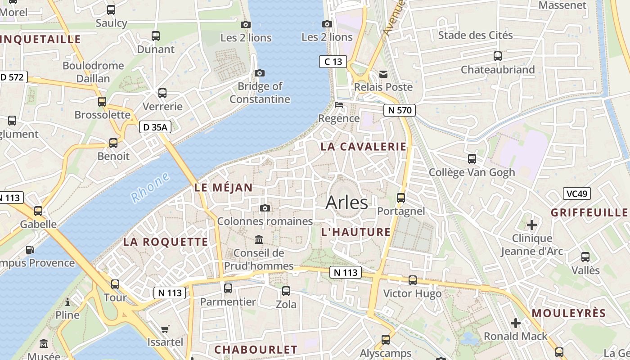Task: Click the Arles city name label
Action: pos(346,202)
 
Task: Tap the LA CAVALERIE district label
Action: pos(363,147)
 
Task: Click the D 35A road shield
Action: pos(155,127)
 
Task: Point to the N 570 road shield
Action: pos(400,110)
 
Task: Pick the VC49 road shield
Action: pos(576,194)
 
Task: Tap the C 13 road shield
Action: pos(333,62)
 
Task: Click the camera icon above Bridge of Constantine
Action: pos(260,73)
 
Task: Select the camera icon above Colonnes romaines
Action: pos(265,208)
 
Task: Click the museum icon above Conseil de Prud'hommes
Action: pos(259,239)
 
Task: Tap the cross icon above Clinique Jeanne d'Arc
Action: pos(532,225)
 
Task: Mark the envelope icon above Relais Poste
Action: pos(383,74)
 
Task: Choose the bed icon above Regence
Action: pos(339,105)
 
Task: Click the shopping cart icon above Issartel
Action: pos(165,329)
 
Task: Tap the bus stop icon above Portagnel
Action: pos(400,198)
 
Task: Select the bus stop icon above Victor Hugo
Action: pos(412,280)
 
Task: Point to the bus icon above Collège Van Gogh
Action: pos(472,158)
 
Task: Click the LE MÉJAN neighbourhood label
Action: pos(223,188)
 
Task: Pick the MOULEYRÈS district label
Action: pos(569,313)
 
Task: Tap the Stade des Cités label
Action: pos(475,35)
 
